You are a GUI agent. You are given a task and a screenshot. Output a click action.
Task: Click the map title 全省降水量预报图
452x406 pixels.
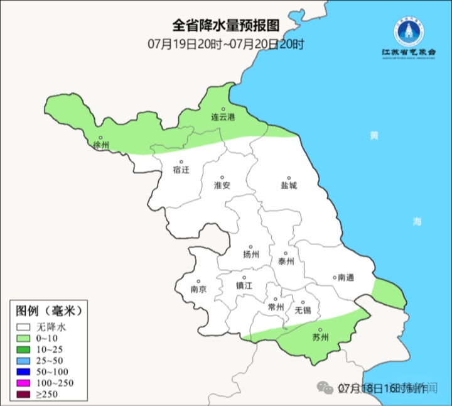(x=225, y=26)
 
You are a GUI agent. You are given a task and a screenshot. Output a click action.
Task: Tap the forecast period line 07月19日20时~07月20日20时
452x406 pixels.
(x=225, y=44)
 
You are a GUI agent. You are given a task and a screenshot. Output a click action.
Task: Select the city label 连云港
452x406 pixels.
(x=222, y=117)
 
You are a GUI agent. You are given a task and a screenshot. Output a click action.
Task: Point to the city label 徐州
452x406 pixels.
(x=101, y=145)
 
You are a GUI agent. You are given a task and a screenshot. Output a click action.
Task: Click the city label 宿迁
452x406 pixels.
(x=180, y=169)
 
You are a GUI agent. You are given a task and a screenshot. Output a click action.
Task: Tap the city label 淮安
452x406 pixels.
(x=222, y=185)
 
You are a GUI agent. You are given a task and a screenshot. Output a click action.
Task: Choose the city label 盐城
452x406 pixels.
(x=289, y=185)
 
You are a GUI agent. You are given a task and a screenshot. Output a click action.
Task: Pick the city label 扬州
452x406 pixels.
(x=251, y=255)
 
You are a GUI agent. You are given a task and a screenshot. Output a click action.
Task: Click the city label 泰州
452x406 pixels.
(x=286, y=261)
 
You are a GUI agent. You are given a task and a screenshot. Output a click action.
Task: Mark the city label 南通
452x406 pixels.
(x=345, y=277)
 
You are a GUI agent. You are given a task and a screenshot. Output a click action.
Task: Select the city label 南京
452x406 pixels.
(x=198, y=289)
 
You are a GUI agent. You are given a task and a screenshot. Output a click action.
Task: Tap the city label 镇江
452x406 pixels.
(x=244, y=285)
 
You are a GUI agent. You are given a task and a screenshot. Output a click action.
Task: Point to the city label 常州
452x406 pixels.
(x=276, y=307)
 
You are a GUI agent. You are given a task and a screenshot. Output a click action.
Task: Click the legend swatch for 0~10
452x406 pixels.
(x=24, y=339)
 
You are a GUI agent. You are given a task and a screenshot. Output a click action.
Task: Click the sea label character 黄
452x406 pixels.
(x=374, y=136)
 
